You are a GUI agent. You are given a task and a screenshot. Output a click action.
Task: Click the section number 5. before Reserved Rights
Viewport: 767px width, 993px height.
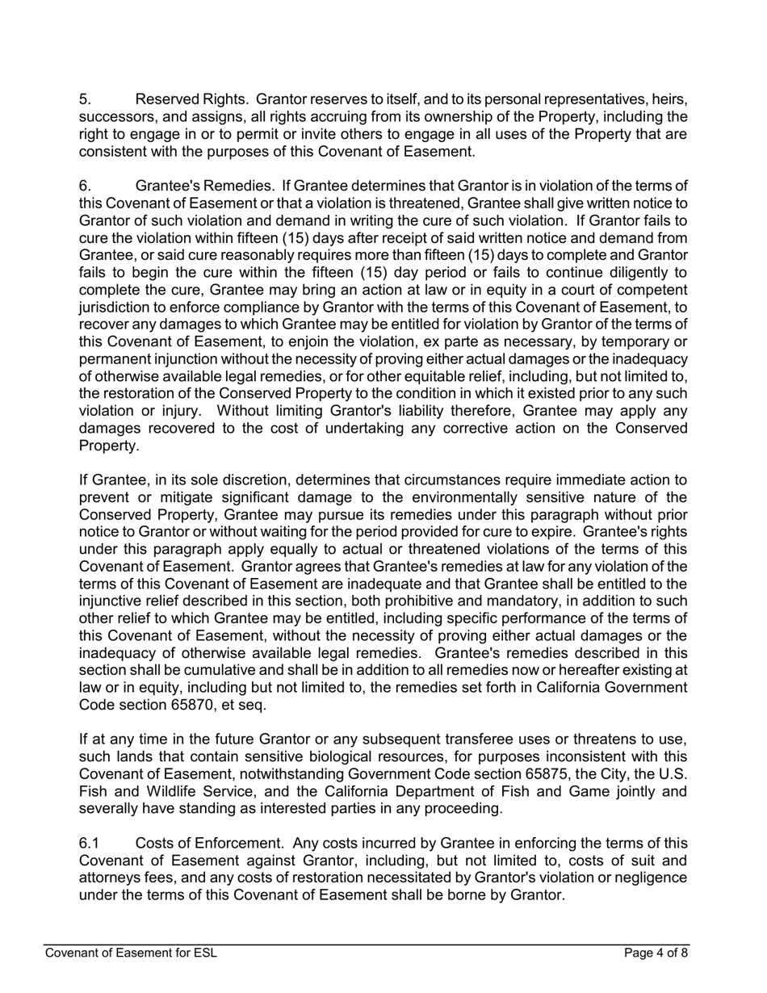coord(85,99)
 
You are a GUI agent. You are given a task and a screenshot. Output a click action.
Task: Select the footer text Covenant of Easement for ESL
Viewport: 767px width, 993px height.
coord(131,953)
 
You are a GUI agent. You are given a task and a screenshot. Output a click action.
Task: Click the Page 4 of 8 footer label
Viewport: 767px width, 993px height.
coord(656,953)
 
